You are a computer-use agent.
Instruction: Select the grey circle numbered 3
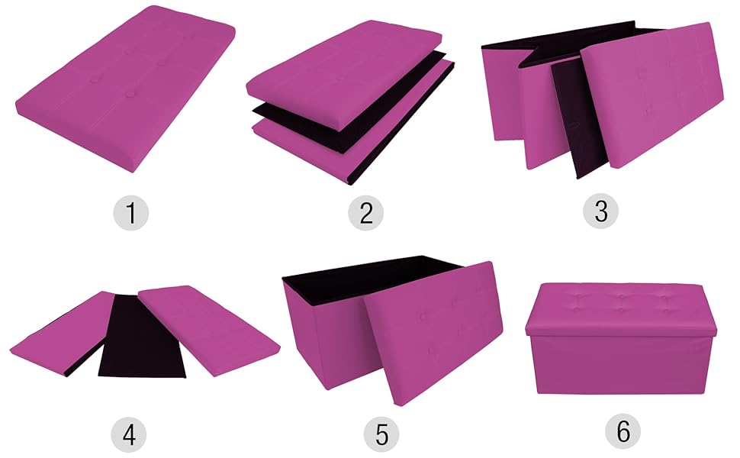[x=601, y=212]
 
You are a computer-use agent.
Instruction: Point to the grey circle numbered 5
[x=381, y=434]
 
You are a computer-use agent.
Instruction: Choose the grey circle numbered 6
[x=623, y=432]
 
